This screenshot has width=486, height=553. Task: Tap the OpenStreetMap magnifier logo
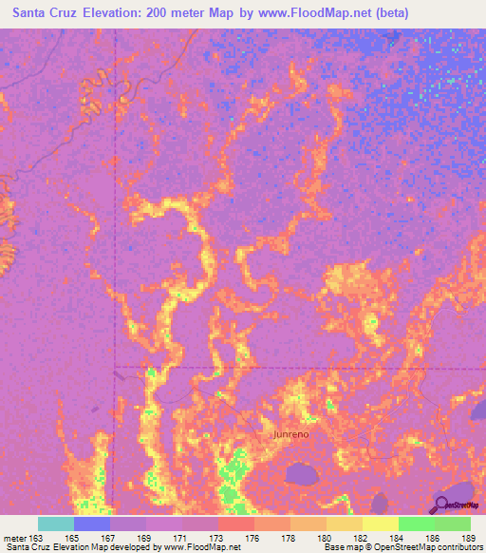(442, 505)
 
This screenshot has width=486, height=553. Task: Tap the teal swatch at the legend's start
(56, 524)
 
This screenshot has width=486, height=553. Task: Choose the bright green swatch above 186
(416, 524)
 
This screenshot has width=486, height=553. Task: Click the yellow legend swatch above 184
(380, 524)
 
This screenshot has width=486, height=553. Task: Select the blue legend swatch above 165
(92, 524)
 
